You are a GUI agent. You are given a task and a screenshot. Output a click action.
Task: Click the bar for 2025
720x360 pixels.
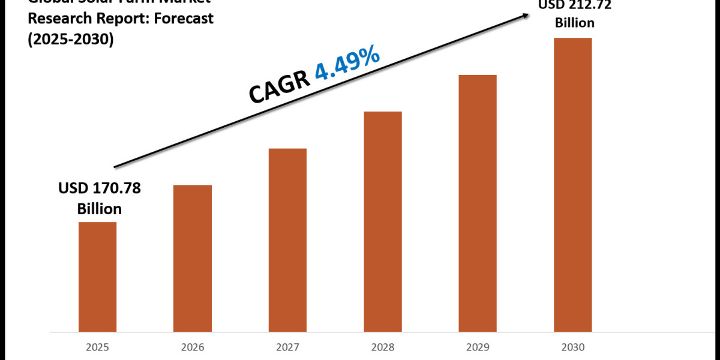coord(97,277)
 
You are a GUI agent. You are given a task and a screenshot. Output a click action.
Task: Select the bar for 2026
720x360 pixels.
coord(193,258)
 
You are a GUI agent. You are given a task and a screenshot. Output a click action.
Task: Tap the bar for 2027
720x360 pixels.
coord(287,240)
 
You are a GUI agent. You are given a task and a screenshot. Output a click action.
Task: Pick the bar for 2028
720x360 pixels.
coord(383,221)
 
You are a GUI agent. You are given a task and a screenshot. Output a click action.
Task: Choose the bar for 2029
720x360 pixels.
coord(478,203)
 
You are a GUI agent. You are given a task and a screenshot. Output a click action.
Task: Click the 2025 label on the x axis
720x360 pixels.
coord(97,347)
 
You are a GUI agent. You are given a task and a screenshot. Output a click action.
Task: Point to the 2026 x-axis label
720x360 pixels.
coord(193,347)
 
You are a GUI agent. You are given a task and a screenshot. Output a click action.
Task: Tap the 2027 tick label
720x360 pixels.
coord(287,347)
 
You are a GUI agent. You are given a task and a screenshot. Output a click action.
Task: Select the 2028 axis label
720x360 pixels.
coord(383,347)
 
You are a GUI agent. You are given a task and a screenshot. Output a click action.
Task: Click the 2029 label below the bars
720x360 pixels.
coord(478,347)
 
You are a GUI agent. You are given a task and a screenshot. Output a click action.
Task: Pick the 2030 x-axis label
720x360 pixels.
coord(572,347)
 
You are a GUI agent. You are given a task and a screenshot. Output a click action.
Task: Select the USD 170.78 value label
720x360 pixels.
coord(99,189)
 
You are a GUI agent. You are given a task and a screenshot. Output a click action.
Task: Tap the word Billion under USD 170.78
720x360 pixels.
coord(99,209)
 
